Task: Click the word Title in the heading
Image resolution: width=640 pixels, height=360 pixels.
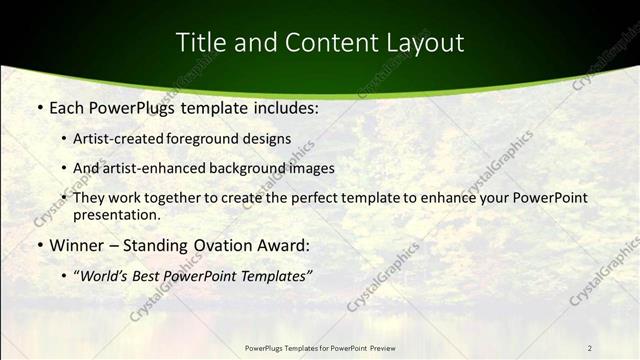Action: pos(200,42)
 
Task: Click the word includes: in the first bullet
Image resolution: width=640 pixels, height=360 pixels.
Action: pos(283,108)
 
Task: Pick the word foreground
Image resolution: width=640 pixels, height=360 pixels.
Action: pos(213,139)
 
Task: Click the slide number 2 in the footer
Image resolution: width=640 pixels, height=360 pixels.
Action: pos(590,348)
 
